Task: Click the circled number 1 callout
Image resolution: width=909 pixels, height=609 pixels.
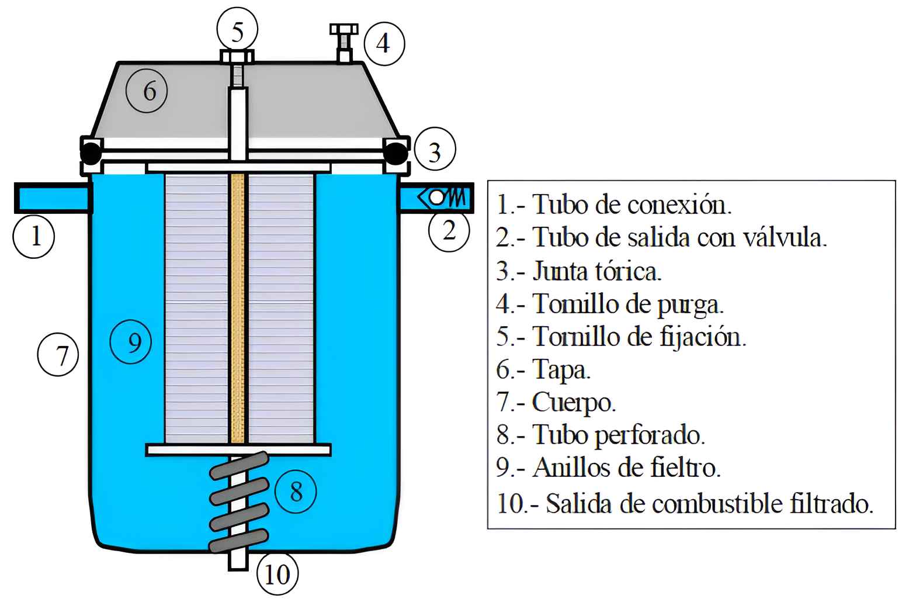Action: point(34,236)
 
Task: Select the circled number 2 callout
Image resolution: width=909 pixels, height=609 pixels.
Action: point(449,231)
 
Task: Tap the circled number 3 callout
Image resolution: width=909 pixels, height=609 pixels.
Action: point(435,152)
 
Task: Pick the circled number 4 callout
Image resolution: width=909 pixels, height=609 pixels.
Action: point(384,43)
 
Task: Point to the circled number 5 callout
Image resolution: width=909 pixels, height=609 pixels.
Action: point(237,32)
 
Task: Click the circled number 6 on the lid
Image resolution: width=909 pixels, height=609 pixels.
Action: point(148,91)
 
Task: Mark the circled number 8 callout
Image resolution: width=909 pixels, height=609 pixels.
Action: point(296,491)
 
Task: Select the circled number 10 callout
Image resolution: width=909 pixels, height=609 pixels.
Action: point(277,574)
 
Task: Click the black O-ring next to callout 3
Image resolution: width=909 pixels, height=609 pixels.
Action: point(396,153)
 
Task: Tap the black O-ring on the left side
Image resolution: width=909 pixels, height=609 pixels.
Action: point(91,153)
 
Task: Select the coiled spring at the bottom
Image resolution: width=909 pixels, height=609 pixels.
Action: point(239,503)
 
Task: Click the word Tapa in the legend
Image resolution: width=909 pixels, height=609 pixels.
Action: point(561,369)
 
